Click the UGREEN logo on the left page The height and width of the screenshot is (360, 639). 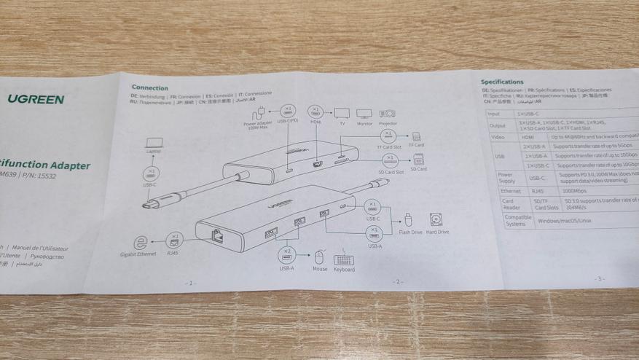point(36,99)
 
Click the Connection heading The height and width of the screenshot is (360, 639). point(149,88)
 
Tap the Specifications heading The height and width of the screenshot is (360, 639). point(502,82)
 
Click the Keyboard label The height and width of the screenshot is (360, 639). point(344,270)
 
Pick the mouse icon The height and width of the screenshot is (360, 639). point(318,257)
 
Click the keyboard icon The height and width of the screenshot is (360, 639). point(344,259)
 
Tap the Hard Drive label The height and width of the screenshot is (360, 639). point(437,232)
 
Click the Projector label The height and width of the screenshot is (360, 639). point(388,124)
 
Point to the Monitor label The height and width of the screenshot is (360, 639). point(364,124)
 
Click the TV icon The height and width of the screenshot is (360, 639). point(341,114)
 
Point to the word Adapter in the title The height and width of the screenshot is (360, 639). point(71,165)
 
